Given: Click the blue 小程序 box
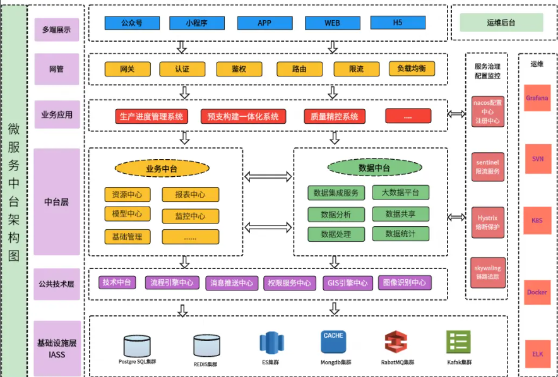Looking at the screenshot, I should pyautogui.click(x=196, y=23).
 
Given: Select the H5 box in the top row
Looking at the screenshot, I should pyautogui.click(x=397, y=23).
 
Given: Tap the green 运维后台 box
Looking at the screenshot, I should pyautogui.click(x=501, y=23).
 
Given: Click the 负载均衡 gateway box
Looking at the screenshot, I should pyautogui.click(x=412, y=69).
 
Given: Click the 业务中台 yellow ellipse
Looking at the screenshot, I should pyautogui.click(x=162, y=169).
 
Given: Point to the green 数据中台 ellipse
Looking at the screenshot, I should pyautogui.click(x=374, y=167).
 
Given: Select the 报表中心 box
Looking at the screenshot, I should pyautogui.click(x=190, y=194).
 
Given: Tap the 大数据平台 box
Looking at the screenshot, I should pyautogui.click(x=400, y=193).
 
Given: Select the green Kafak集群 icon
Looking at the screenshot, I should pyautogui.click(x=458, y=343).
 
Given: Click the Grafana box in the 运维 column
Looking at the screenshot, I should pyautogui.click(x=537, y=99).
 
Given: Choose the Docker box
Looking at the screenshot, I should pyautogui.click(x=537, y=292).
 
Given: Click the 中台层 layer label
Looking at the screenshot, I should pyautogui.click(x=56, y=202).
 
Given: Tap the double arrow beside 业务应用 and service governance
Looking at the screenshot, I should pyautogui.click(x=456, y=114).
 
